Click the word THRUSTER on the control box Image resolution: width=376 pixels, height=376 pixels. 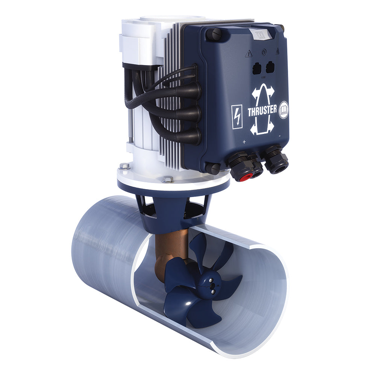coord(262,111)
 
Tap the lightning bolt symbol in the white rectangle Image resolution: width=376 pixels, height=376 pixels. coord(237,117)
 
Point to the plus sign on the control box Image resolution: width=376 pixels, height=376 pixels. coord(244,142)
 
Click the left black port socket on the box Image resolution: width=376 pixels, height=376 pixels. coord(255,68)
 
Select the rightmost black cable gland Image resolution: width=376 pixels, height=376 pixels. coord(276,160)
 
